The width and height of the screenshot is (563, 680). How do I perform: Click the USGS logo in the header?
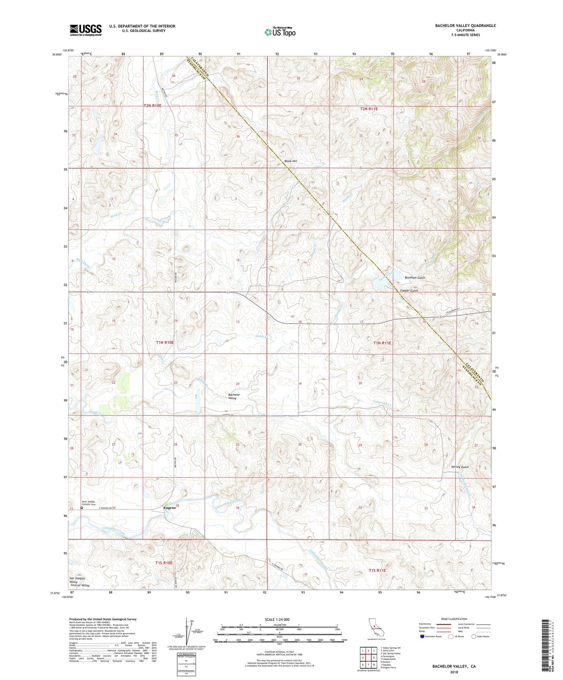[x=86, y=30]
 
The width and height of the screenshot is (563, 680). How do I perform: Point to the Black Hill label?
[x=291, y=161]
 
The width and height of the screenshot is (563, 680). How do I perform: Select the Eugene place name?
[x=169, y=508]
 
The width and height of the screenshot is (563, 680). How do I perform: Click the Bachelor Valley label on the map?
[x=234, y=396]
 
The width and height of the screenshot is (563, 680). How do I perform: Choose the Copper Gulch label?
[x=409, y=291]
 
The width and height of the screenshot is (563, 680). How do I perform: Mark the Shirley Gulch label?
[x=460, y=467]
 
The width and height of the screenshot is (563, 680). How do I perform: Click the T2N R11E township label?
[x=369, y=109]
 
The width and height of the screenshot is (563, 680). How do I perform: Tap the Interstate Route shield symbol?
[x=423, y=636]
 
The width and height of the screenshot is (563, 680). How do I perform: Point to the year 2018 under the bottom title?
[x=454, y=672]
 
